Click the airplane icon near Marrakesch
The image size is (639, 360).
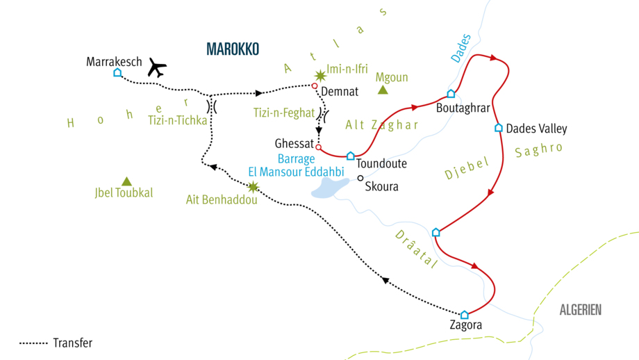(x=157, y=68)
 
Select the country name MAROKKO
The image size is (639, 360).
(x=233, y=49)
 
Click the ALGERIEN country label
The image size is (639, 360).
(x=581, y=311)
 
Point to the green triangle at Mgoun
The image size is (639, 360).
(x=382, y=90)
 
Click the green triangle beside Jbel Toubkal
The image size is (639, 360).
(x=126, y=181)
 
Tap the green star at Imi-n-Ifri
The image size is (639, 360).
(x=320, y=76)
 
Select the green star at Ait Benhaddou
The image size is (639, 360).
(x=253, y=186)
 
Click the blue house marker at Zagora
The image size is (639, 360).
(x=465, y=314)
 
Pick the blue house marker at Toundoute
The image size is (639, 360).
(x=351, y=156)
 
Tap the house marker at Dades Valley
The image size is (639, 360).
(x=498, y=128)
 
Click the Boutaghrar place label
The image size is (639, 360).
(x=463, y=108)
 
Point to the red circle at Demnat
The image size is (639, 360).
(x=314, y=86)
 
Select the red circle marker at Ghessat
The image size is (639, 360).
(x=319, y=147)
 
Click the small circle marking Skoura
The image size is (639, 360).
(x=360, y=178)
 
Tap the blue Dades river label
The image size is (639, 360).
(x=460, y=49)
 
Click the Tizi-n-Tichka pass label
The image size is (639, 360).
(x=177, y=120)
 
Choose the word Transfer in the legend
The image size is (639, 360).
(x=72, y=343)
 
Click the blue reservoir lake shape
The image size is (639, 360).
(x=329, y=186)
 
